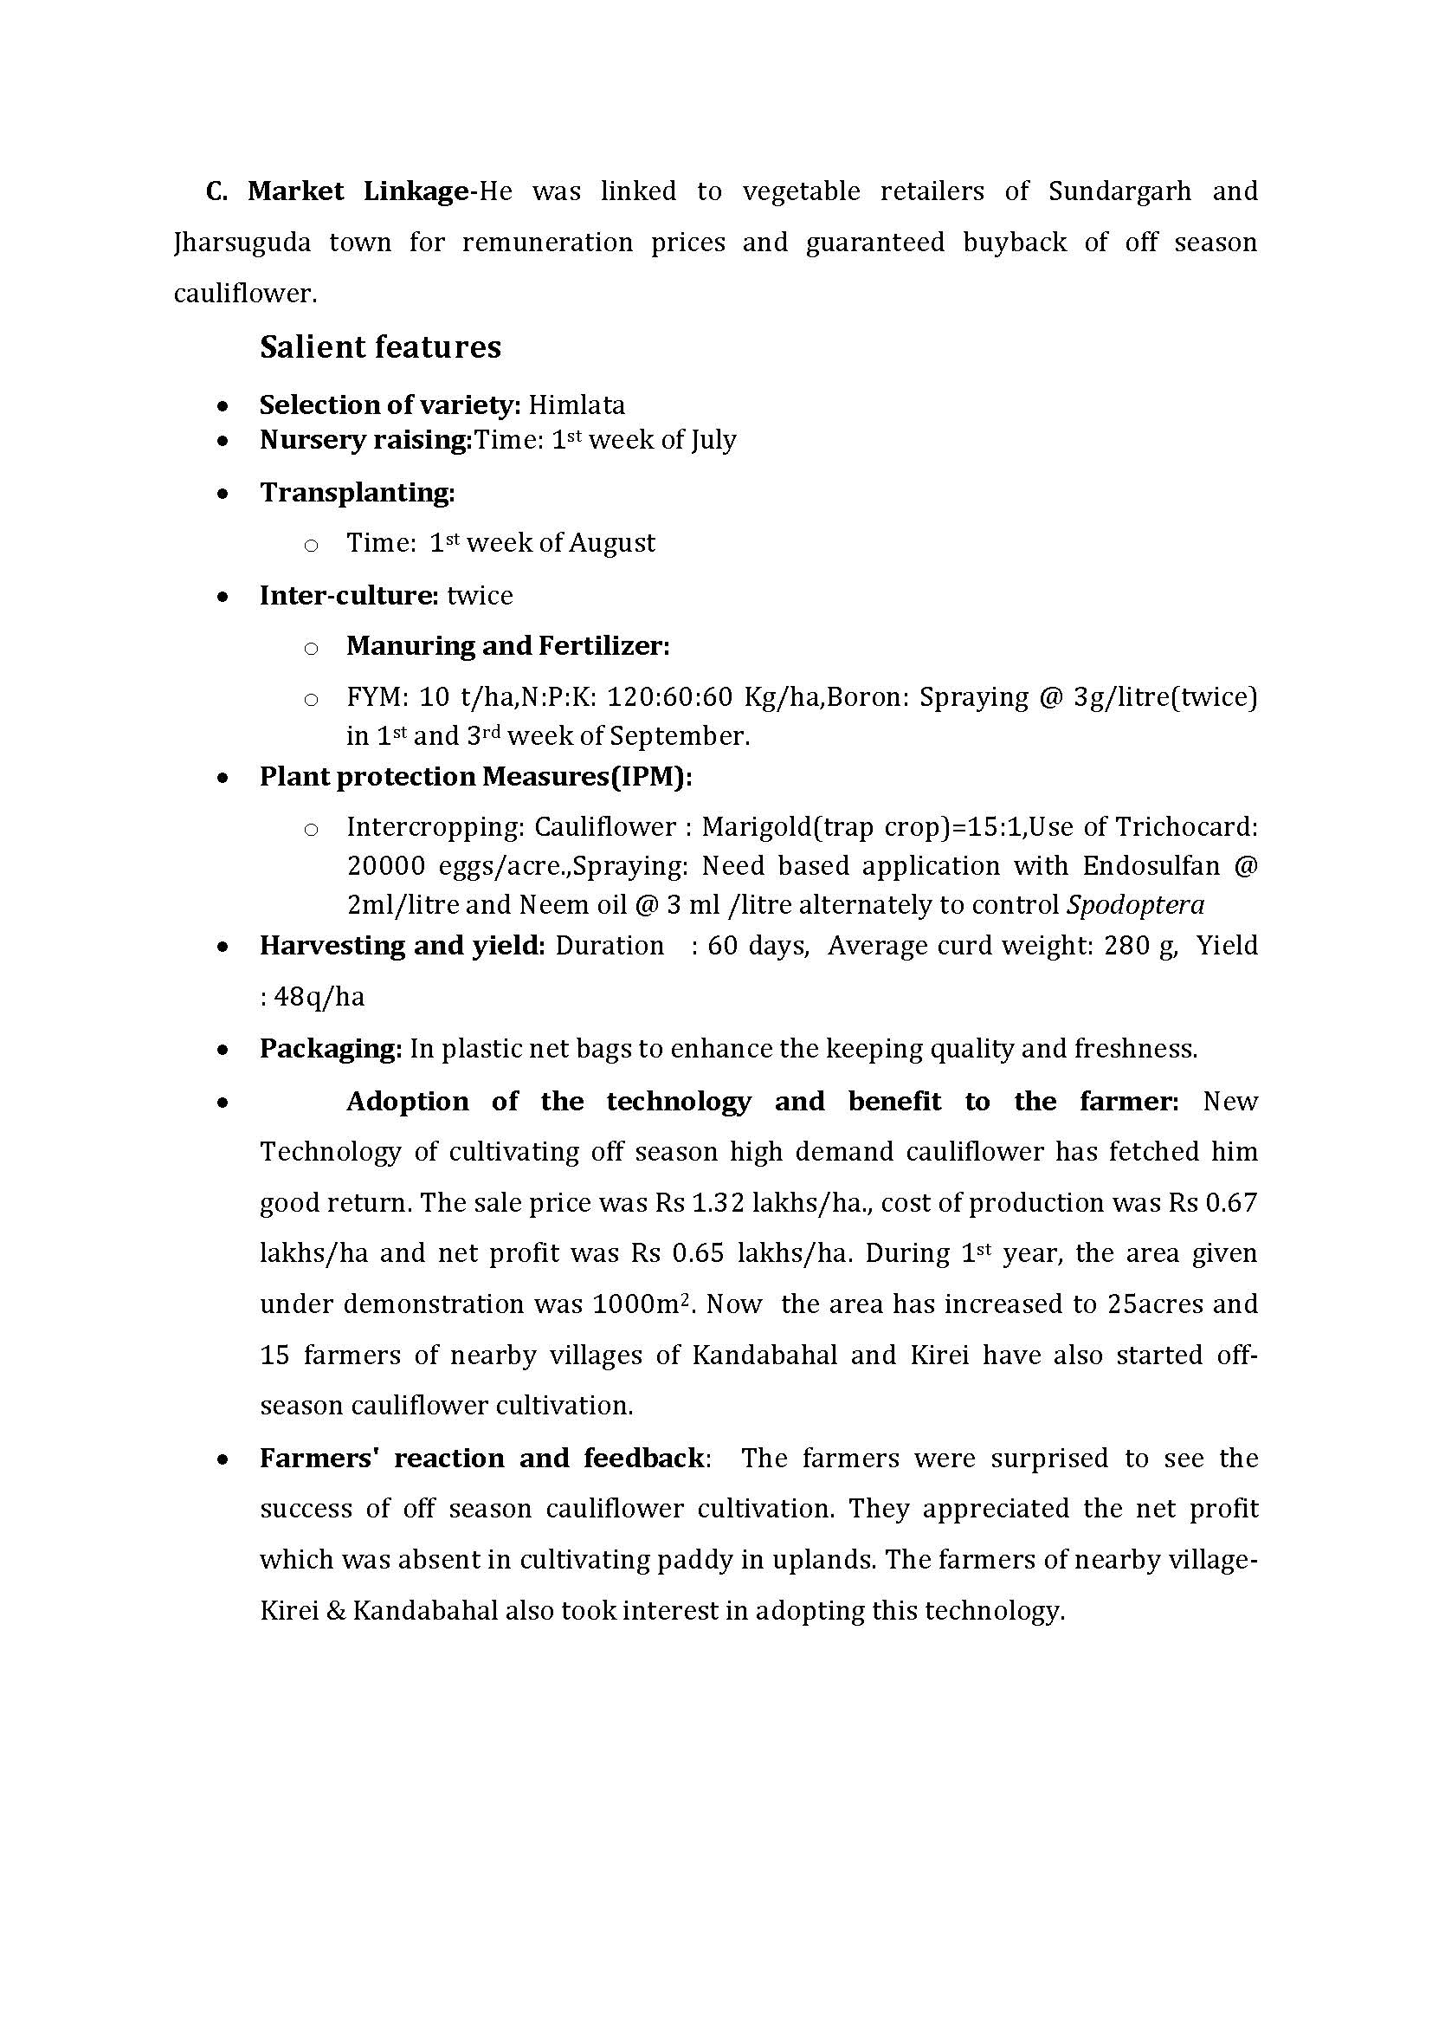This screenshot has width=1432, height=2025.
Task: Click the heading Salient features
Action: (x=380, y=347)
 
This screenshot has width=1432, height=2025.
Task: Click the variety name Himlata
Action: (x=577, y=404)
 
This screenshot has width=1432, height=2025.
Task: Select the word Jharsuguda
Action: (x=242, y=243)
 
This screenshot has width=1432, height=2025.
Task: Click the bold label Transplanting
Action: (x=356, y=492)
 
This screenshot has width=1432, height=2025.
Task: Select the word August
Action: (x=611, y=543)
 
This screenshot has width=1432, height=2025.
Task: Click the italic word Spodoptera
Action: (x=1136, y=906)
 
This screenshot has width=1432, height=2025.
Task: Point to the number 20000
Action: (x=385, y=866)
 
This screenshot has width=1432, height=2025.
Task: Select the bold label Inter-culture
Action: (x=348, y=595)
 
